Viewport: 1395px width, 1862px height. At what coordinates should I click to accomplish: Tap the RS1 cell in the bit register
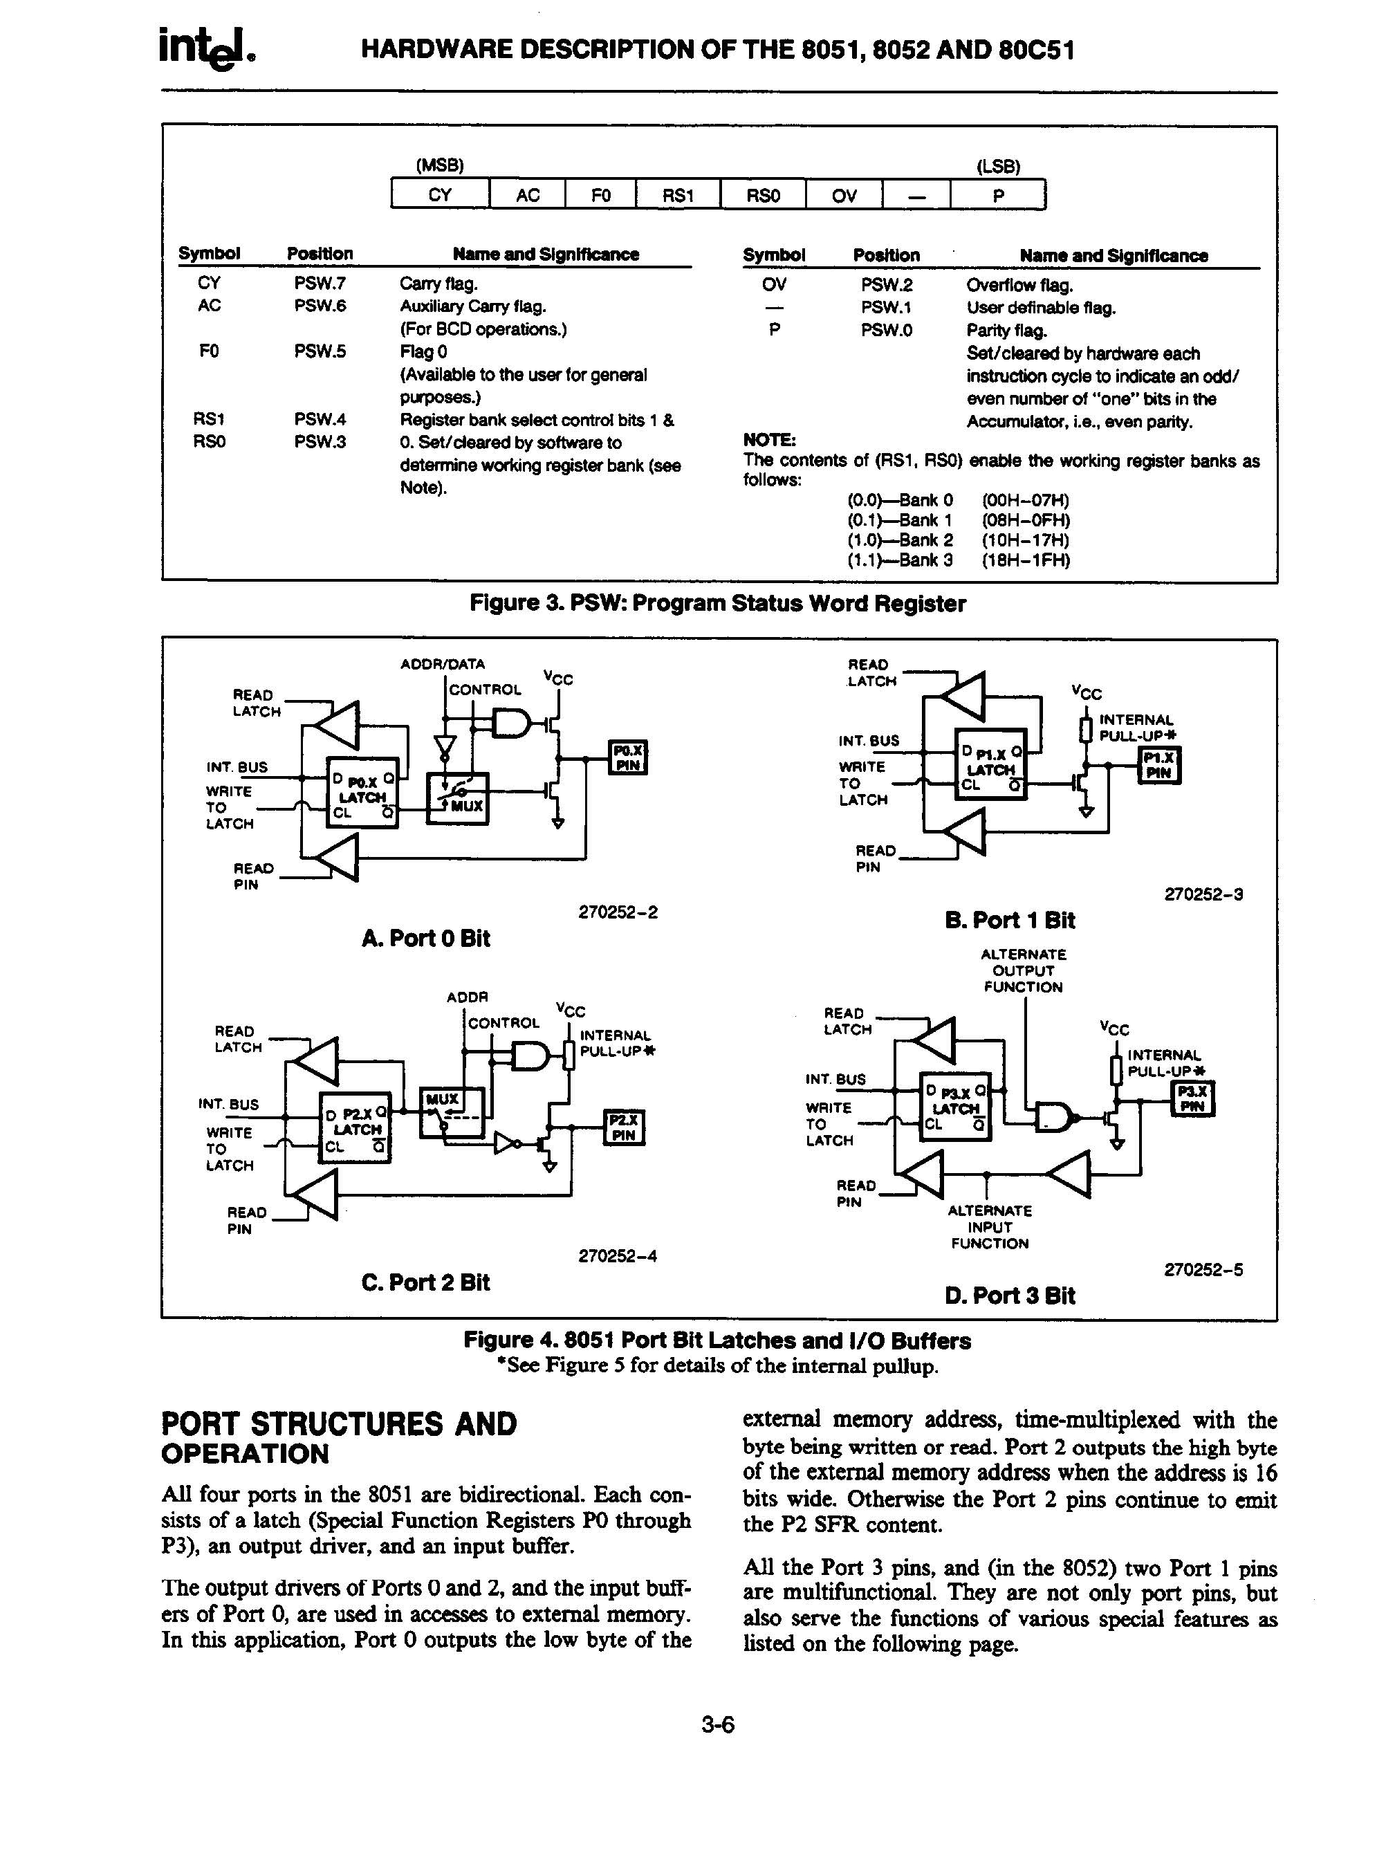[x=678, y=195]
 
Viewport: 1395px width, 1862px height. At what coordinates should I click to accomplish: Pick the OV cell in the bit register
[x=844, y=195]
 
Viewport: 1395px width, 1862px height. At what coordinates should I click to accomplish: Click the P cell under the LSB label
[x=997, y=195]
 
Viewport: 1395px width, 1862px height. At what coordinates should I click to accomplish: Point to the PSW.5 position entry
[x=320, y=351]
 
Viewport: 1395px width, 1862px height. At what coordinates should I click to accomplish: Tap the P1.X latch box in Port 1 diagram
[x=991, y=762]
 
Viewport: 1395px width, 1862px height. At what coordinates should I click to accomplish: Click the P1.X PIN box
[x=1159, y=765]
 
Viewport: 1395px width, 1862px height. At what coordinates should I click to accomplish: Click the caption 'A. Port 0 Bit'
[x=425, y=939]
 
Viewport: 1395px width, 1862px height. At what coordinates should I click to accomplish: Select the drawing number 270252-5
[x=1203, y=1270]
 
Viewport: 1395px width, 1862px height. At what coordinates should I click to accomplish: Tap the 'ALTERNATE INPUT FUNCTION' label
[x=989, y=1226]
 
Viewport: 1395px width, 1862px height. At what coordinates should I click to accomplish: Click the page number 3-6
[x=718, y=1725]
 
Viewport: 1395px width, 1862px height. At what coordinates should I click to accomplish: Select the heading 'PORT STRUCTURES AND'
[x=338, y=1424]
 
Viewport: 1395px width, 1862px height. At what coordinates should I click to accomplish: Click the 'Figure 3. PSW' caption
[x=717, y=604]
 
